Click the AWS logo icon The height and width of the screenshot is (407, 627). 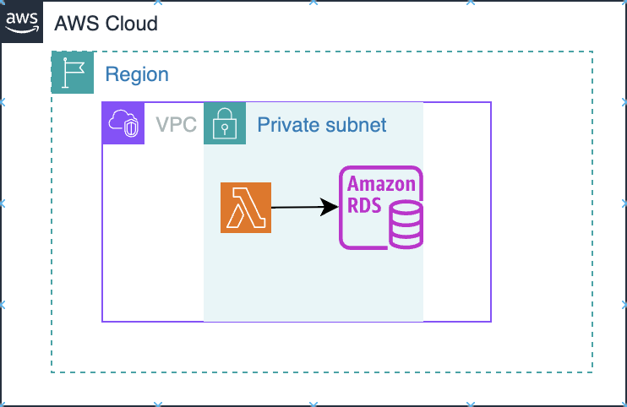tap(22, 21)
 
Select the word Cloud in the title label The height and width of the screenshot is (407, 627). tap(131, 23)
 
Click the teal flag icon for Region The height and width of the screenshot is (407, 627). tap(73, 72)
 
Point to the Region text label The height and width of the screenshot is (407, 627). tap(137, 74)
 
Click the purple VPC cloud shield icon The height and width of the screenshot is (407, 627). tap(123, 123)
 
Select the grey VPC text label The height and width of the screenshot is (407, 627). tap(176, 125)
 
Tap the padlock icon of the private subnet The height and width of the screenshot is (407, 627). tap(225, 123)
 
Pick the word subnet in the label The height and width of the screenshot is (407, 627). tap(355, 125)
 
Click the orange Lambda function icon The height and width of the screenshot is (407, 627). tap(246, 207)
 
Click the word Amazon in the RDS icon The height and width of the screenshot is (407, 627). tap(381, 185)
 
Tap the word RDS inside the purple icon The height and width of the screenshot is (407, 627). tap(364, 205)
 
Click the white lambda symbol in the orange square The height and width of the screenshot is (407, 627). tap(246, 208)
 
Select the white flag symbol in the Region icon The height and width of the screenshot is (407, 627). tap(73, 72)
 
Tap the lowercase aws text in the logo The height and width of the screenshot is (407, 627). tap(22, 17)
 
